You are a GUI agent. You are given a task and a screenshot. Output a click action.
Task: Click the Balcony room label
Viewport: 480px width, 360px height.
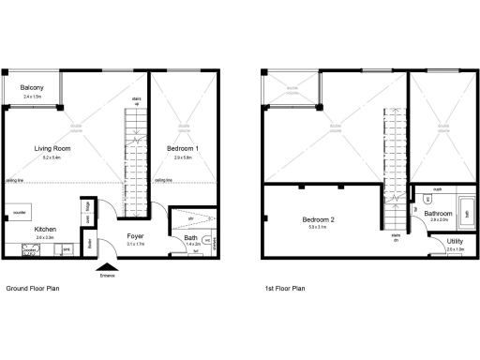(33, 88)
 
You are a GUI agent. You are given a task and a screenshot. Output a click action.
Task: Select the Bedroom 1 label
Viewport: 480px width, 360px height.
(183, 149)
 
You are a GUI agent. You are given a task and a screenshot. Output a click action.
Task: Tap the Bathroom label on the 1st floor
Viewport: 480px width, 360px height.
(439, 214)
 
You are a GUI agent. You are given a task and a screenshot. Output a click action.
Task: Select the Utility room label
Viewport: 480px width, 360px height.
(456, 243)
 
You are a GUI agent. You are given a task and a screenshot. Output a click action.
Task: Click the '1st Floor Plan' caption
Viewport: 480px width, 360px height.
(285, 290)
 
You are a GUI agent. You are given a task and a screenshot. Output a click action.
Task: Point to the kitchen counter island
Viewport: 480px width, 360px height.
(19, 212)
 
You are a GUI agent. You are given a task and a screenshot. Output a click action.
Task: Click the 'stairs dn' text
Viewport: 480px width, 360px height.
(397, 237)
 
